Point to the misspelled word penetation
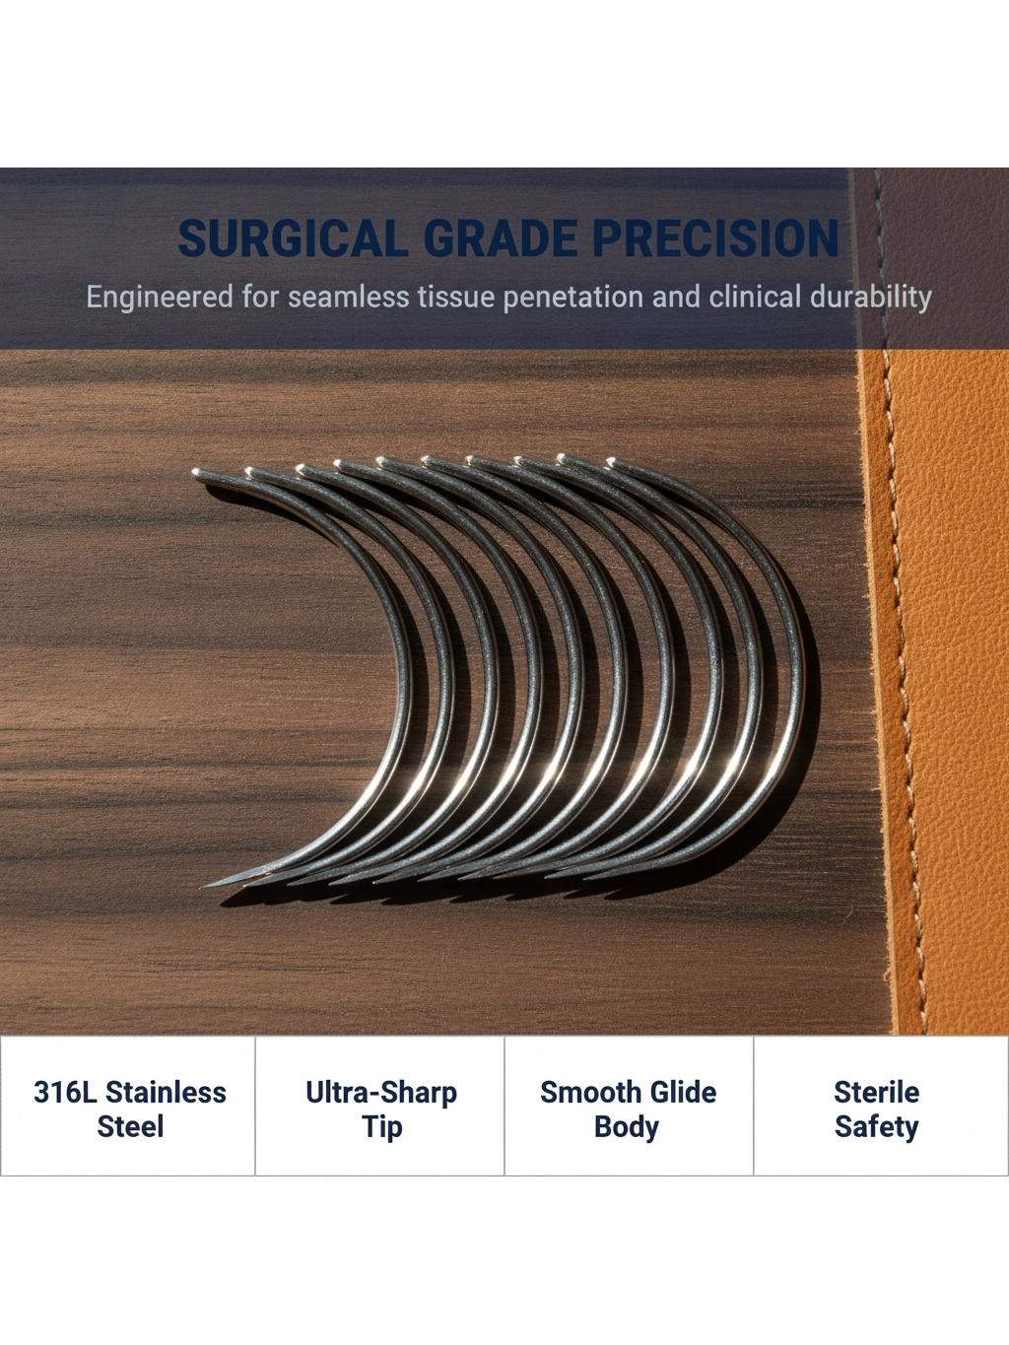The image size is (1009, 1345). tap(573, 299)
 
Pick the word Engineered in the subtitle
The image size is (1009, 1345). tap(160, 298)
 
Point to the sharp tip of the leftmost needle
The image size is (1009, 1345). tap(203, 887)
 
